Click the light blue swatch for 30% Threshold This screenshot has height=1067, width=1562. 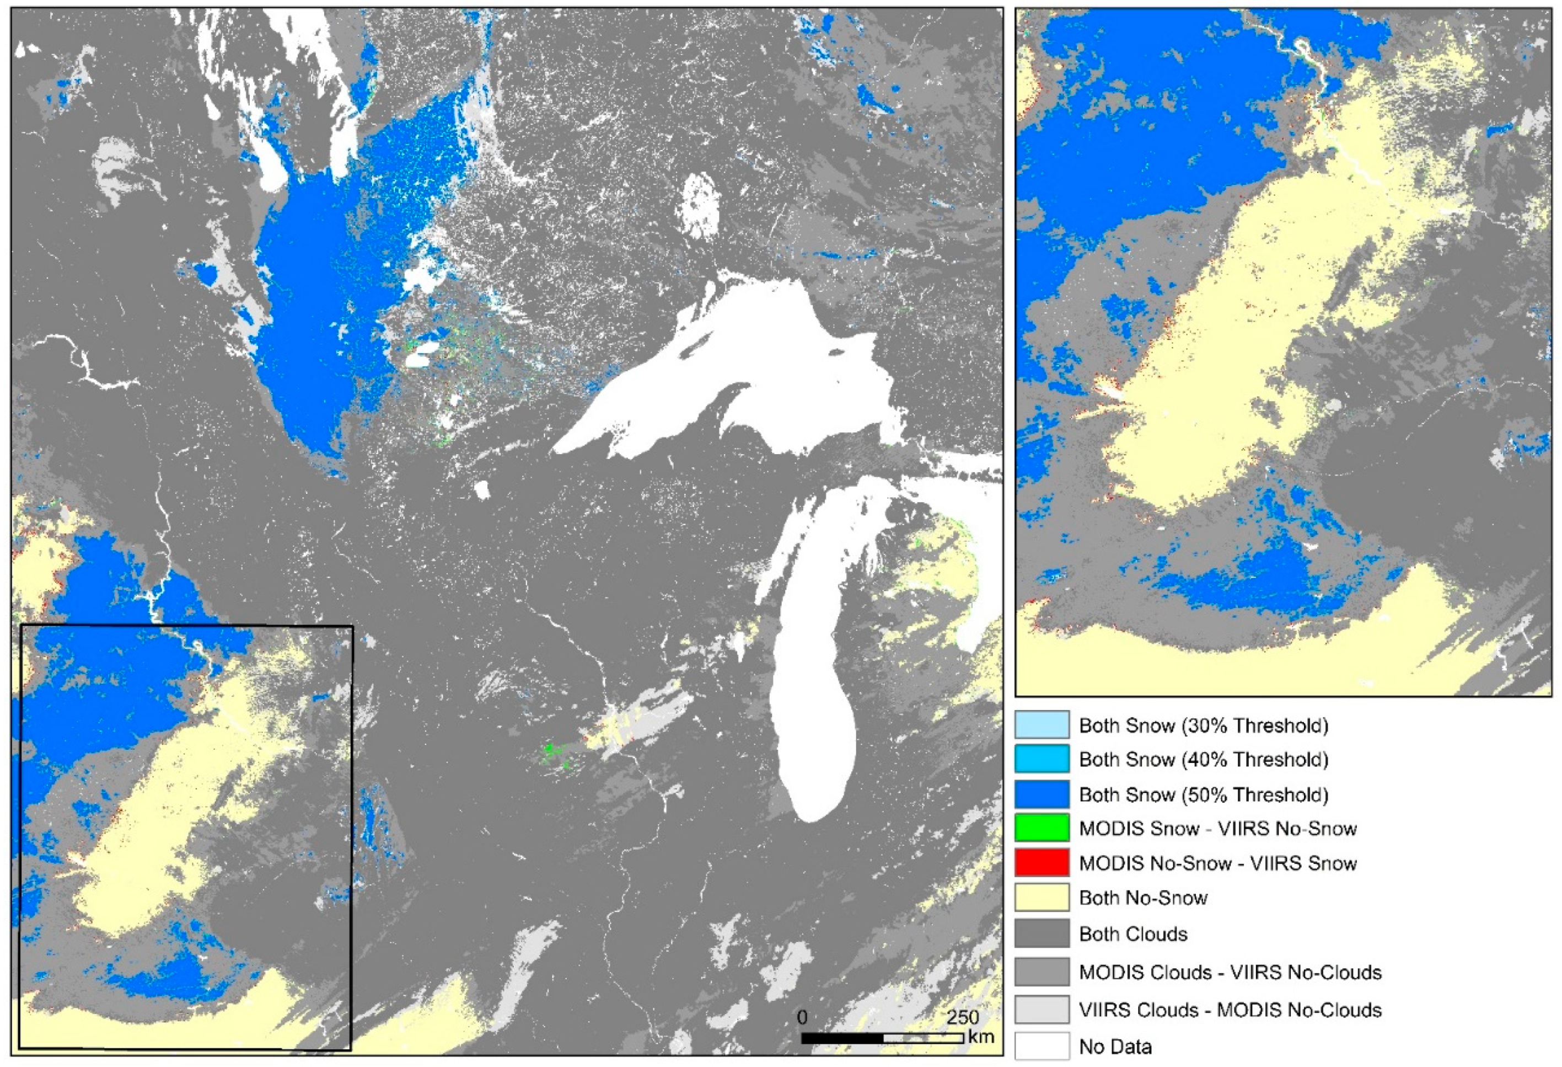pyautogui.click(x=1041, y=725)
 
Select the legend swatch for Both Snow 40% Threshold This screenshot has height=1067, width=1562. pyautogui.click(x=1041, y=760)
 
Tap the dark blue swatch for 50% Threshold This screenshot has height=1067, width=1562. pyautogui.click(x=1041, y=794)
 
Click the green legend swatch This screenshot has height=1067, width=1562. pyautogui.click(x=1041, y=828)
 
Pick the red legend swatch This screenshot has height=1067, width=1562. pyautogui.click(x=1041, y=863)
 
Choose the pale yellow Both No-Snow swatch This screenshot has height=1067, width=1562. pyautogui.click(x=1041, y=898)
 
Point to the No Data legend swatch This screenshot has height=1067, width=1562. pyautogui.click(x=1041, y=1046)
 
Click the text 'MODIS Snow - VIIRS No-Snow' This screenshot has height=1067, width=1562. pyautogui.click(x=1217, y=828)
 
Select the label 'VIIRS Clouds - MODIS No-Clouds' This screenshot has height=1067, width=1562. pyautogui.click(x=1230, y=1010)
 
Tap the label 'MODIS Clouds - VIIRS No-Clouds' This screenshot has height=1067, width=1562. pyautogui.click(x=1230, y=972)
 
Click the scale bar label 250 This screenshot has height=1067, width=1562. pyautogui.click(x=963, y=1017)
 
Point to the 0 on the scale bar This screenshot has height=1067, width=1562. pyautogui.click(x=802, y=1017)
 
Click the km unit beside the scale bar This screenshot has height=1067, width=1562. pyautogui.click(x=981, y=1037)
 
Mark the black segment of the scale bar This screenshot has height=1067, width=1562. pyautogui.click(x=841, y=1039)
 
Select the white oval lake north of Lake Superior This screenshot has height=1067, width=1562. pyautogui.click(x=699, y=205)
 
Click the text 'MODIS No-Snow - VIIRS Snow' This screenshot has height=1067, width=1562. pyautogui.click(x=1217, y=863)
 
